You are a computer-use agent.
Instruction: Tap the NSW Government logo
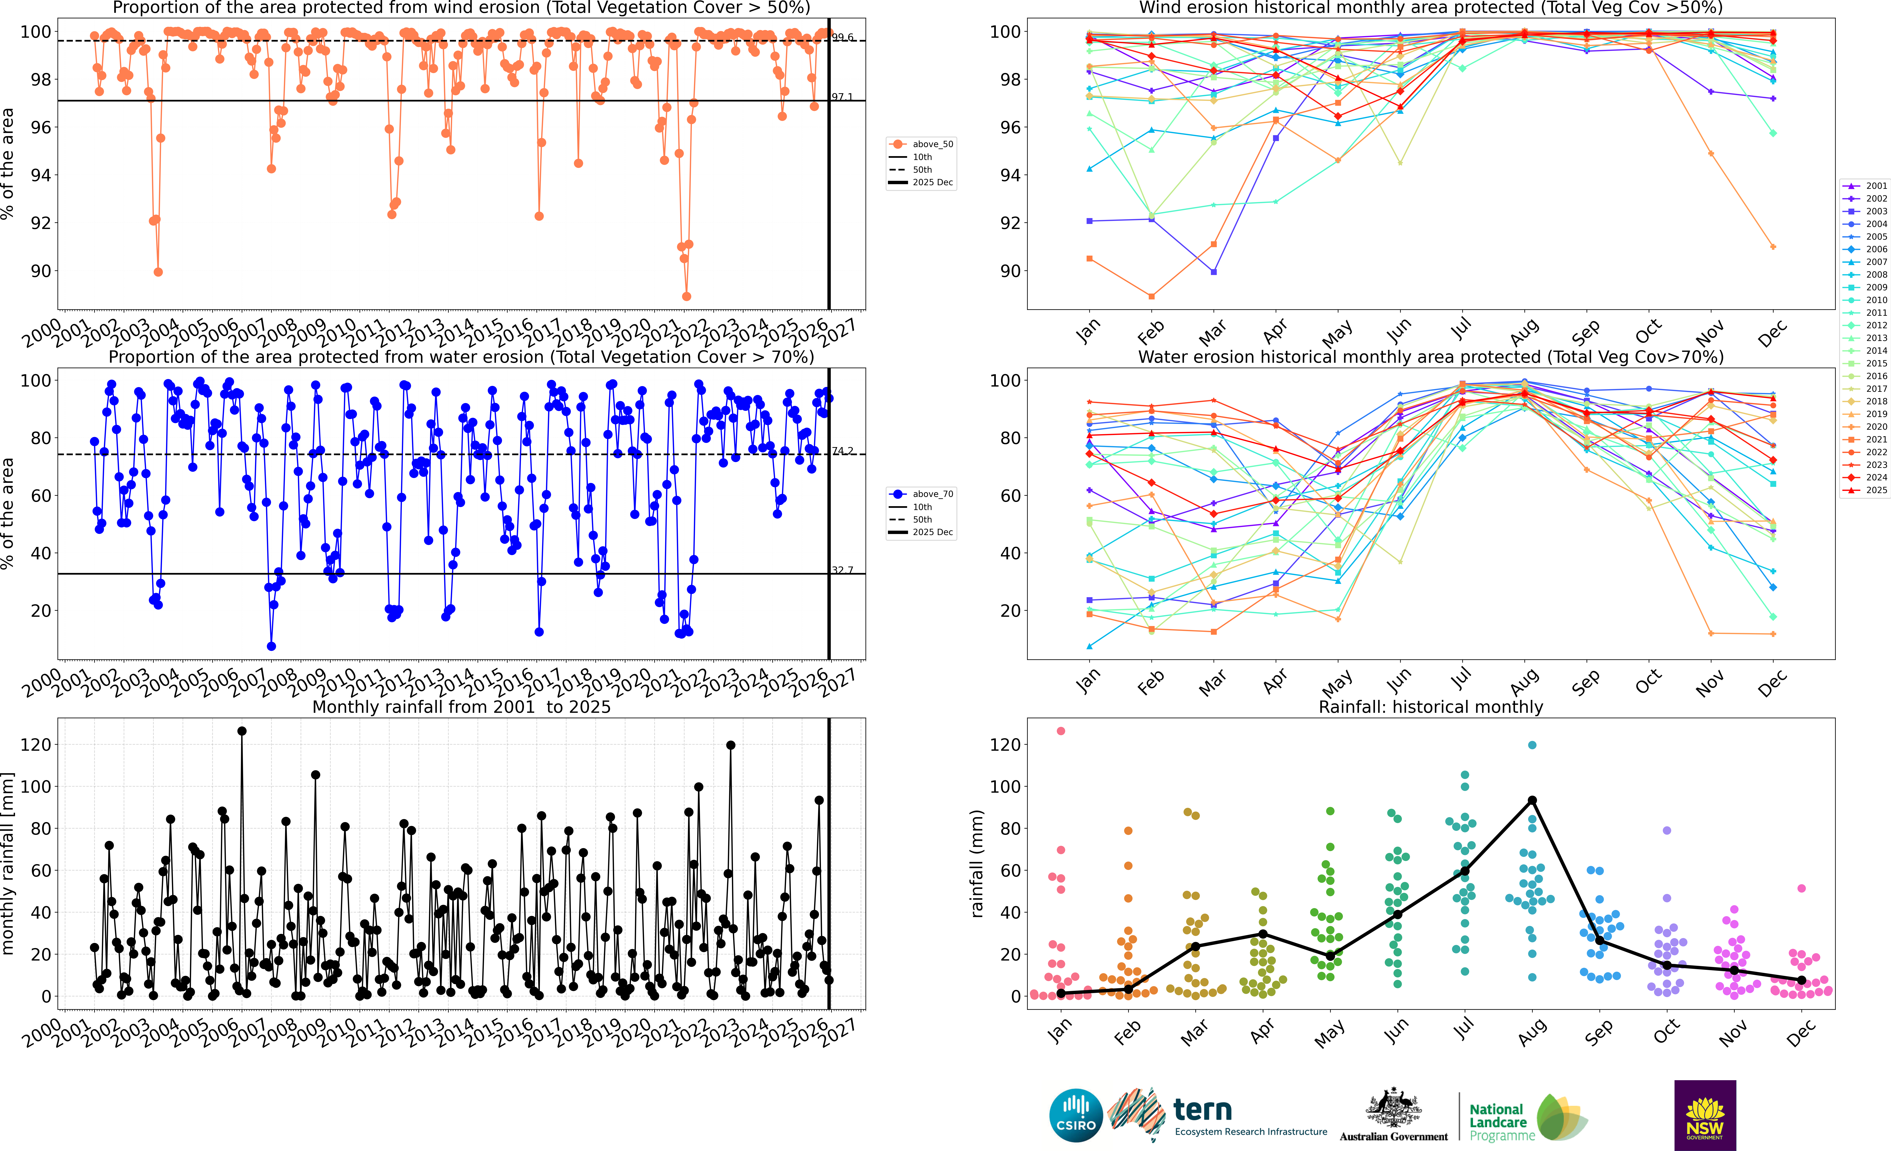[x=1705, y=1115]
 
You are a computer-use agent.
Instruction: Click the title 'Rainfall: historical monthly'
[x=1431, y=707]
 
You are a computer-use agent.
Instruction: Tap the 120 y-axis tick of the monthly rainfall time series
[x=36, y=744]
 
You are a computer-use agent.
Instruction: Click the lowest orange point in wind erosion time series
[x=686, y=296]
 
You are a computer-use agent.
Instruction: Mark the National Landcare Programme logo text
[x=1500, y=1122]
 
